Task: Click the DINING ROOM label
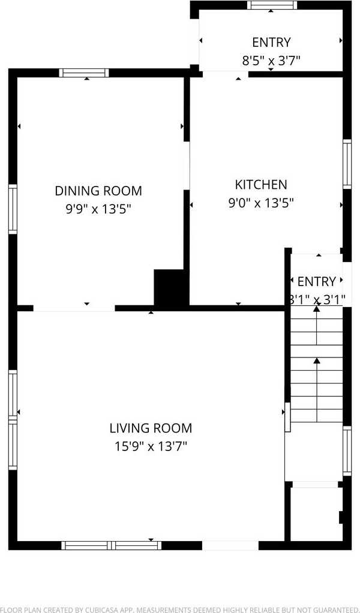(x=98, y=191)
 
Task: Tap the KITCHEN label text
(x=261, y=184)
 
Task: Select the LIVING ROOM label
(x=151, y=428)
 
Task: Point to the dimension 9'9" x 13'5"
(x=98, y=209)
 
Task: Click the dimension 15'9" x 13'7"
(x=151, y=446)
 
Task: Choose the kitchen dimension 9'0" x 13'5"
(x=261, y=203)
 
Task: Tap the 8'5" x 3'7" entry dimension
(x=271, y=61)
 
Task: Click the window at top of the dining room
(x=84, y=73)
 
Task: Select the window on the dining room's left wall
(x=13, y=209)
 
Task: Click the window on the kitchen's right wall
(x=347, y=164)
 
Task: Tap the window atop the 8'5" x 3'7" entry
(x=272, y=5)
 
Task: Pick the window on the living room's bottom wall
(x=112, y=545)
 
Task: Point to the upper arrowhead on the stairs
(x=317, y=309)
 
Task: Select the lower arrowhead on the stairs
(x=317, y=361)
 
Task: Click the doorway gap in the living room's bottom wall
(x=230, y=545)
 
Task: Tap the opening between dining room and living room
(x=74, y=308)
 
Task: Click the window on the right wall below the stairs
(x=347, y=451)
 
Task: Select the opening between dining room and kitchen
(x=187, y=166)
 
